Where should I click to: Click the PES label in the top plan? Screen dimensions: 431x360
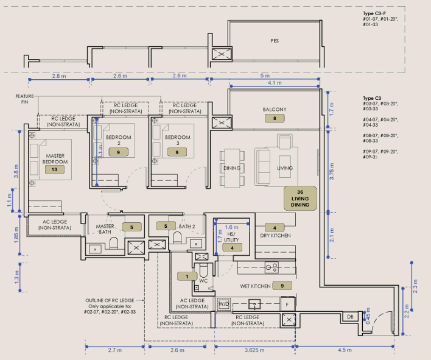point(275,41)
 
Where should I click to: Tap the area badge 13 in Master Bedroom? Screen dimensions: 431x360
point(54,169)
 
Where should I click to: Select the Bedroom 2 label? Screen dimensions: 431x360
point(119,140)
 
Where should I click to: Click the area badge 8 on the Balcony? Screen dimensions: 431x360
point(275,118)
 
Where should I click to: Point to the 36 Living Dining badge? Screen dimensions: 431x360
point(300,199)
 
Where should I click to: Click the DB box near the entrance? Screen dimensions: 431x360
point(350,317)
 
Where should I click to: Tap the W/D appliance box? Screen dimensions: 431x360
point(223,304)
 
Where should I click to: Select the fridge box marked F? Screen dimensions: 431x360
point(287,304)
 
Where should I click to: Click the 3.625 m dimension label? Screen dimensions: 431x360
point(254,350)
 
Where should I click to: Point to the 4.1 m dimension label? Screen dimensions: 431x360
point(275,83)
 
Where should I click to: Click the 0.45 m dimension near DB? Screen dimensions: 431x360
point(368,316)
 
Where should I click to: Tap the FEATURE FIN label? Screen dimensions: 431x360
point(24,99)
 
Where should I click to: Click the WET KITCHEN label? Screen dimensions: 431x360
point(255,286)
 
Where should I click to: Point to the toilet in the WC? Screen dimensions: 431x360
point(203,270)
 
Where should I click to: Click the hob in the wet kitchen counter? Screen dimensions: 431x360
point(272,267)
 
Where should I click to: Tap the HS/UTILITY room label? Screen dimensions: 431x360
point(231,237)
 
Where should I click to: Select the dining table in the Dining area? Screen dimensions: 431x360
point(233,168)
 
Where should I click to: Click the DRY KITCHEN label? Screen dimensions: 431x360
point(275,236)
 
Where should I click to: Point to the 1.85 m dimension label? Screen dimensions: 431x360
point(16,235)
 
